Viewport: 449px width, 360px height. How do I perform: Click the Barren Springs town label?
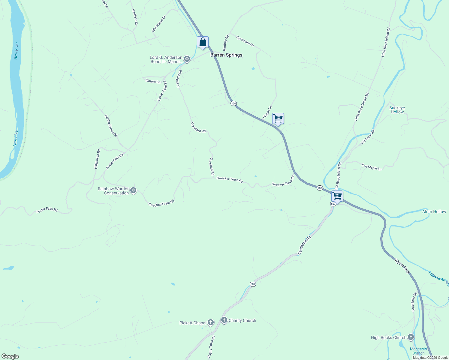click(226, 55)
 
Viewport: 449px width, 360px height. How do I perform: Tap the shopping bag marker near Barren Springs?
click(203, 42)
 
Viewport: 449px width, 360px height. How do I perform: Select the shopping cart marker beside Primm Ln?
click(278, 118)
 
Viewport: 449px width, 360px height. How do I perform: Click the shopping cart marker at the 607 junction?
click(337, 196)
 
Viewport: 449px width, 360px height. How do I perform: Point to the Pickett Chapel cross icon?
click(211, 323)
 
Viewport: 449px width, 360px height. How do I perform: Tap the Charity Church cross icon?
click(224, 320)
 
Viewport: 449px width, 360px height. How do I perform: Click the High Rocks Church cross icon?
click(411, 337)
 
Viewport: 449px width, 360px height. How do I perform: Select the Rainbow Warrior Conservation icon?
click(133, 190)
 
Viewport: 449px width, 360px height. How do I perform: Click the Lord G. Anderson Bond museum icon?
click(187, 59)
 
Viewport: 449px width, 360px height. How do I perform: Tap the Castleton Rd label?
click(304, 245)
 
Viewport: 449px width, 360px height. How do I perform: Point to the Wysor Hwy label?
click(402, 266)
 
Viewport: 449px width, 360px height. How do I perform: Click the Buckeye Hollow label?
click(397, 110)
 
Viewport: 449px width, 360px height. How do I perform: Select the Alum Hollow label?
click(434, 211)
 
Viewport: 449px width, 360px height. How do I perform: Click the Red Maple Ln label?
click(371, 167)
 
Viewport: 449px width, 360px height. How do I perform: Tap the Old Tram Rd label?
click(368, 137)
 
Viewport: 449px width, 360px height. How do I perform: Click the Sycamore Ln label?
click(245, 41)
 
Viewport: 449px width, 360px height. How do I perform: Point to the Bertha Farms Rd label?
click(111, 126)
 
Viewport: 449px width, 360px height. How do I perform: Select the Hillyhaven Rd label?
click(97, 159)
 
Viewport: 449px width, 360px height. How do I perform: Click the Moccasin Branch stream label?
click(418, 351)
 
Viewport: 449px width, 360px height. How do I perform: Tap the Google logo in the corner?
click(10, 356)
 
